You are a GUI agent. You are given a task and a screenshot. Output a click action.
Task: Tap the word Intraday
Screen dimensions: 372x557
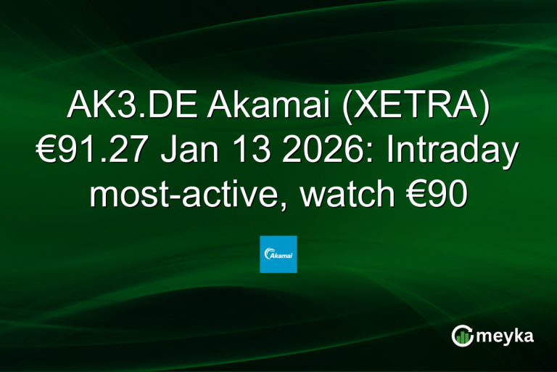coord(450,152)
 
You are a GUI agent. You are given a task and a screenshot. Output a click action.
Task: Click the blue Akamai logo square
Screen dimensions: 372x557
coord(278,254)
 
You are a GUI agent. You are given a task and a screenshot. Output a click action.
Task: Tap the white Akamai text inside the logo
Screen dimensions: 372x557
coord(280,256)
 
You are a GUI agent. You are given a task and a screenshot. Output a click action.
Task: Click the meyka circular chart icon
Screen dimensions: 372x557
coord(462,335)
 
